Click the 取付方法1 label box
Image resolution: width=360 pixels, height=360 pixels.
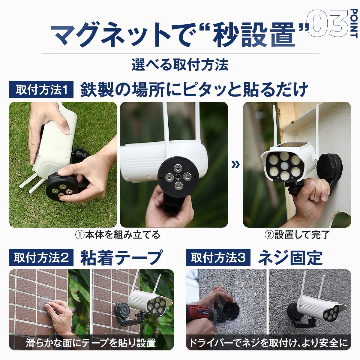pos(41,89)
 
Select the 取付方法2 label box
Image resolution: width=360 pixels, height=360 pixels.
pos(41,257)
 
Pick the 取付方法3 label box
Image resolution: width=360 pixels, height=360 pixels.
pos(218,257)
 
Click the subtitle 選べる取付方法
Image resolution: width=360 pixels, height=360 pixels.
pos(180,65)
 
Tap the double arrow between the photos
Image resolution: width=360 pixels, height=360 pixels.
pos(235,165)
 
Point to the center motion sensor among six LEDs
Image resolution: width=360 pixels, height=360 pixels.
pos(285,166)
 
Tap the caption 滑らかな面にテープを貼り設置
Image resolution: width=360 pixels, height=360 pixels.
pos(91,343)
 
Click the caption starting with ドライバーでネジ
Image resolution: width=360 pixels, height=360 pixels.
pos(268,343)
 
